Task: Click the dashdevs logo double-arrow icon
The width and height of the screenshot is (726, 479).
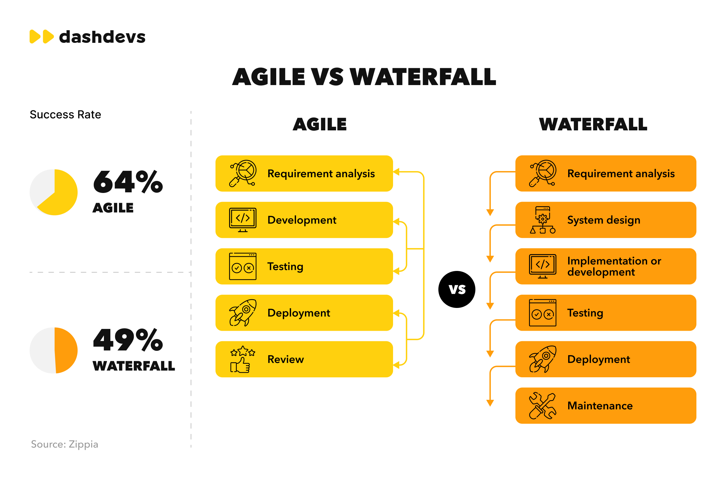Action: pyautogui.click(x=42, y=37)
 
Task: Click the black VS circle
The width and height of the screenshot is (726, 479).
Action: pyautogui.click(x=457, y=289)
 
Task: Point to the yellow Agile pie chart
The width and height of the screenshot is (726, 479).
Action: pyautogui.click(x=54, y=192)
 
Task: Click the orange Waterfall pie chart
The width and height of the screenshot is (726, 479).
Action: pyautogui.click(x=54, y=350)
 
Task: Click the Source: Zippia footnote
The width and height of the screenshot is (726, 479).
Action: pyautogui.click(x=64, y=444)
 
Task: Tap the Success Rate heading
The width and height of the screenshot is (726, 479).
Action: pyautogui.click(x=65, y=115)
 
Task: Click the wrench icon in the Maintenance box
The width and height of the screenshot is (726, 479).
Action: pyautogui.click(x=543, y=406)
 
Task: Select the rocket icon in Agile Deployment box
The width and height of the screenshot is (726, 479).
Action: pyautogui.click(x=243, y=313)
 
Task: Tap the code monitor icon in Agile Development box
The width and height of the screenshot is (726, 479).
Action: pyautogui.click(x=243, y=220)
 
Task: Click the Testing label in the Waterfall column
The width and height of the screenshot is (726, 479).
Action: pyautogui.click(x=585, y=313)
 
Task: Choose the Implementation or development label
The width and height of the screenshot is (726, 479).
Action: pyautogui.click(x=614, y=266)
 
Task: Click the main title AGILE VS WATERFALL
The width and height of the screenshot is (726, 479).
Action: pyautogui.click(x=364, y=77)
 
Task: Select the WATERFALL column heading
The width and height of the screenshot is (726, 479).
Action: pyautogui.click(x=593, y=125)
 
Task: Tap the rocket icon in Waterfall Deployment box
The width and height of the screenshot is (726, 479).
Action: pyautogui.click(x=543, y=359)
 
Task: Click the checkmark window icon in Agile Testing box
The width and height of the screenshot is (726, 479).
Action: pyautogui.click(x=243, y=266)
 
